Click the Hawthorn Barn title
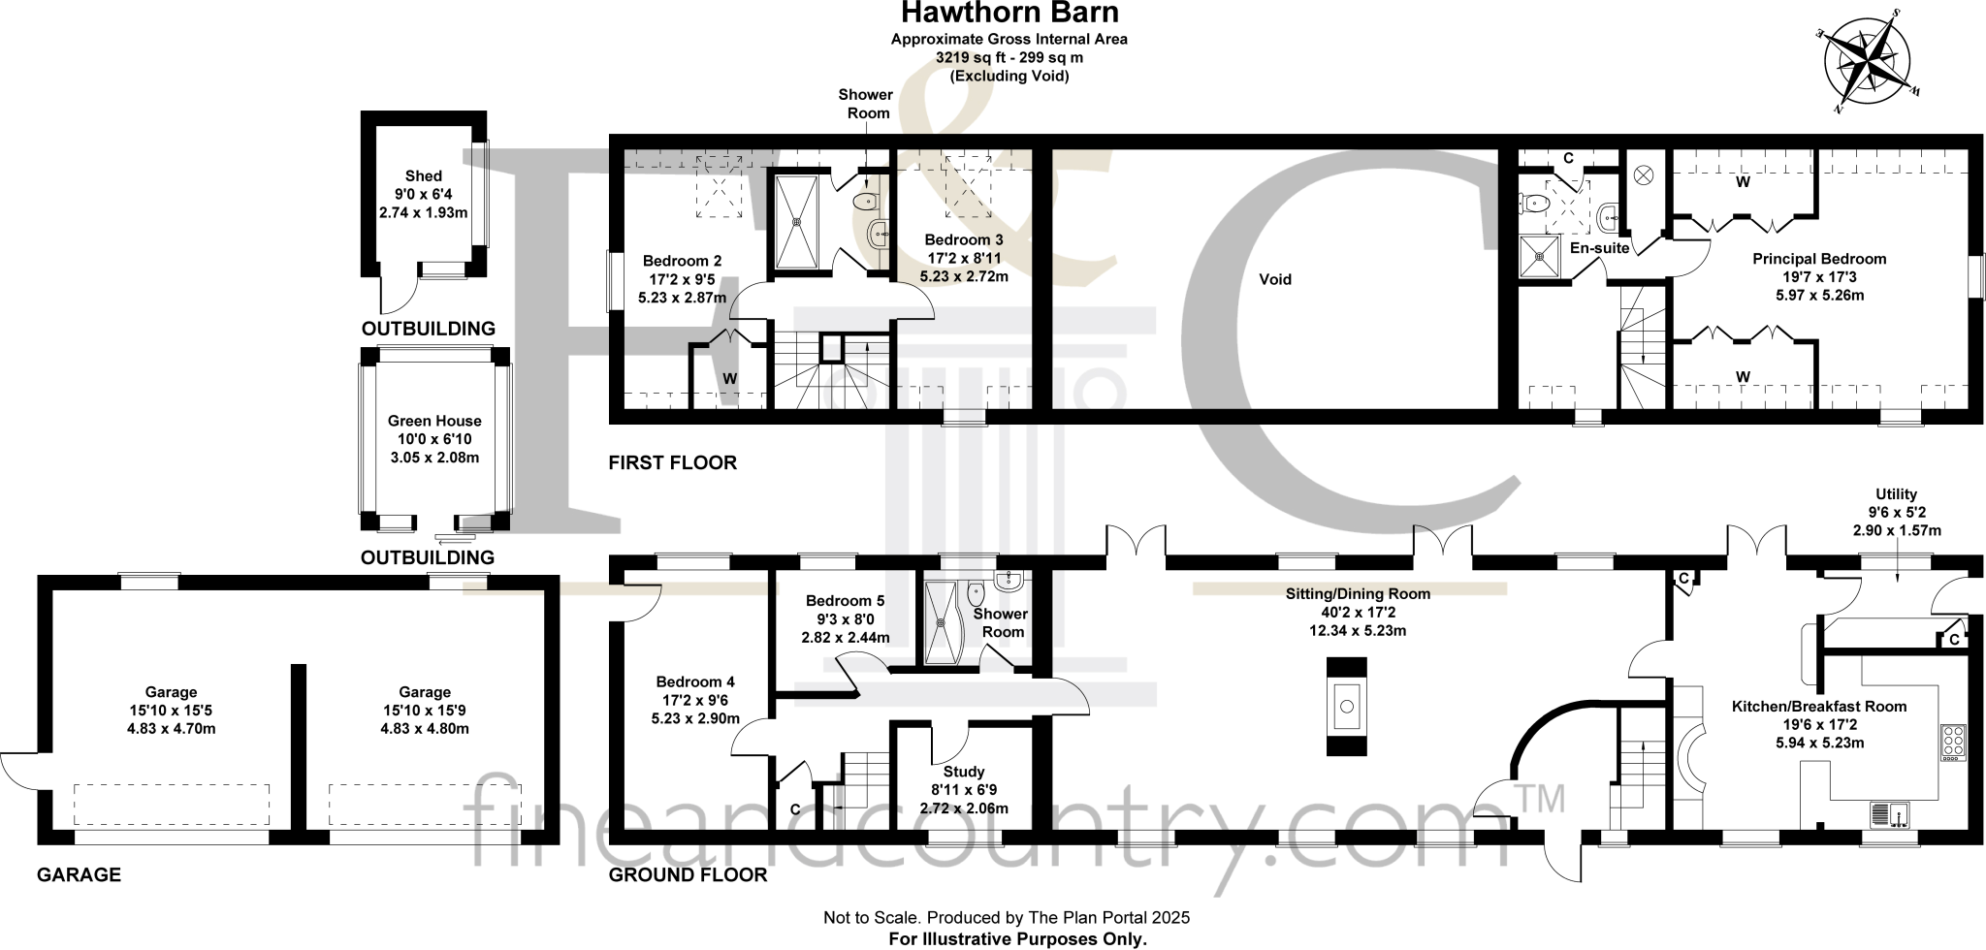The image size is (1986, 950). [x=1009, y=14]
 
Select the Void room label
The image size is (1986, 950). [x=1274, y=279]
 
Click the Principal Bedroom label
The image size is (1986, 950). [x=1819, y=259]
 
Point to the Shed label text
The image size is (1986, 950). [x=424, y=175]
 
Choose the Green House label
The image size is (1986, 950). [x=434, y=421]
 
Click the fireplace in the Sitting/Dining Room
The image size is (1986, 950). [x=1346, y=706]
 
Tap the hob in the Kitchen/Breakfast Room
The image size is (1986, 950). [x=1953, y=743]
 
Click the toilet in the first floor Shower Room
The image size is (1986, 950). [x=863, y=202]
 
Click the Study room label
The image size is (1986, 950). [x=963, y=772]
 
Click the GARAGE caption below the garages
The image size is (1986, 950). [x=79, y=874]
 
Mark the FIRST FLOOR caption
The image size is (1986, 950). [x=672, y=462]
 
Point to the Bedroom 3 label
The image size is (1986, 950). [x=963, y=239]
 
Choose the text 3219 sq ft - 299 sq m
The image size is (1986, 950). [x=1009, y=57]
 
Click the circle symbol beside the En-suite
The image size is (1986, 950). [x=1643, y=175]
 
